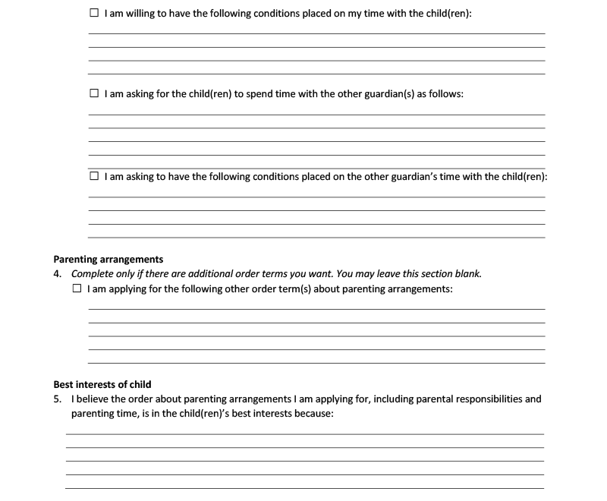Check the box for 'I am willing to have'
tap(94, 14)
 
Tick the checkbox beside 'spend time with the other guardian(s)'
tap(94, 94)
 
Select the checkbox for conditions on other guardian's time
tap(94, 176)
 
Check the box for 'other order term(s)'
tap(76, 289)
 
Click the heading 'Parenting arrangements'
tap(108, 260)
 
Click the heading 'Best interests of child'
tap(102, 384)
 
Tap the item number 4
tap(58, 274)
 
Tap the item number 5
tap(58, 399)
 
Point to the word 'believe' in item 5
tap(92, 399)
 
